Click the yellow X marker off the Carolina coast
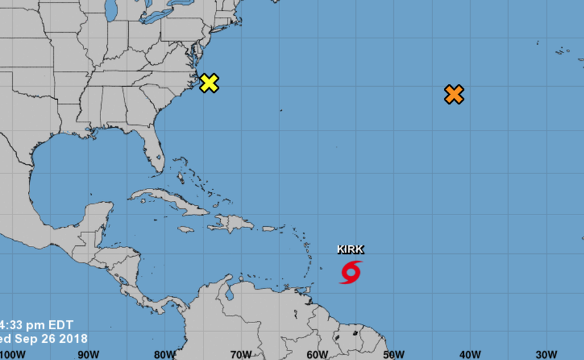pos(209,83)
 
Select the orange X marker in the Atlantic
pos(454,94)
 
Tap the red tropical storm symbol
pos(350,272)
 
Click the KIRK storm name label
pos(350,249)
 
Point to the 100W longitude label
pos(13,355)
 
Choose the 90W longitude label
pos(87,355)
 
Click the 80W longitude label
pos(164,355)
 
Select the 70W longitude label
pos(240,355)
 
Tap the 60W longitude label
pos(317,355)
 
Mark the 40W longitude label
pos(470,355)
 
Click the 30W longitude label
pos(546,355)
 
